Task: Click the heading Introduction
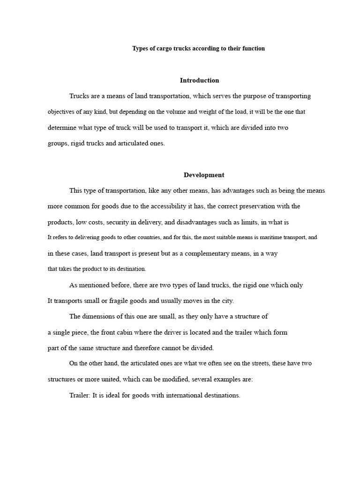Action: click(x=199, y=80)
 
